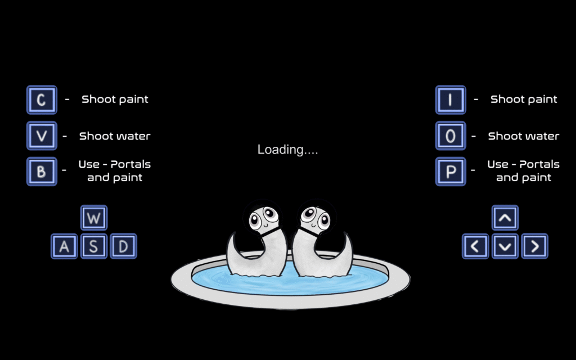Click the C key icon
point(42,100)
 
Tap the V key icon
point(42,136)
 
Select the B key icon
point(42,171)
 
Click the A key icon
point(65,246)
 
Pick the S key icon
point(94,246)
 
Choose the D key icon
point(123,246)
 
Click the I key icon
point(450,100)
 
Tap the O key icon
point(450,136)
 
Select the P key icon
point(450,171)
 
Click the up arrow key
point(505,217)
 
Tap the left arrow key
point(476,246)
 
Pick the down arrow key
point(505,246)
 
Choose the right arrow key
point(534,246)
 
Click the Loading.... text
point(287,150)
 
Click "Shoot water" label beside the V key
point(115,136)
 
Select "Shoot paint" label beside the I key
point(524,100)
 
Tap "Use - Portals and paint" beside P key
point(524,171)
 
